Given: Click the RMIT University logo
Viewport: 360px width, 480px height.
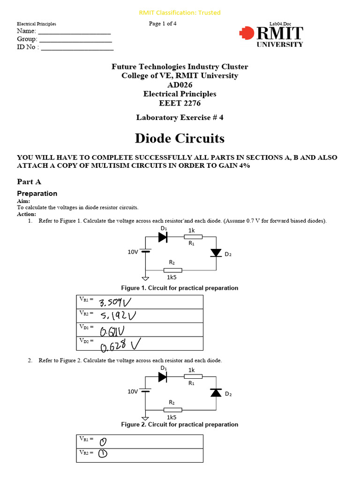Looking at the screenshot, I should click(271, 36).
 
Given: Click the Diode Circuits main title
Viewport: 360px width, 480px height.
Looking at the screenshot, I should click(180, 138).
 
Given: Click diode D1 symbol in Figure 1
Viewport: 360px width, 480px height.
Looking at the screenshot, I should click(163, 237).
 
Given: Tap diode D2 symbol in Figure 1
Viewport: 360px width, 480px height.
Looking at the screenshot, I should click(216, 253).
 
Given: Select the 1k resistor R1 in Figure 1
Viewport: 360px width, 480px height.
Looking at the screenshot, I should click(193, 237).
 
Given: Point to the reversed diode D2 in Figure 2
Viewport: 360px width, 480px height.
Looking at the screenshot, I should click(216, 393).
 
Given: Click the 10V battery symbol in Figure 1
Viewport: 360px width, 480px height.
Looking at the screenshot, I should click(146, 251).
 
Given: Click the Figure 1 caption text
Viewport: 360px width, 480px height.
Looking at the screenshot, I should click(180, 288).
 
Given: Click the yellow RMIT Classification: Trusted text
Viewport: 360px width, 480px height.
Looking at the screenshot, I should click(180, 13).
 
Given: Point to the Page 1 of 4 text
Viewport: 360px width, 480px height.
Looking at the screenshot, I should click(163, 24).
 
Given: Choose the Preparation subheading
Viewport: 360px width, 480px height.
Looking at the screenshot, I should click(37, 193).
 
